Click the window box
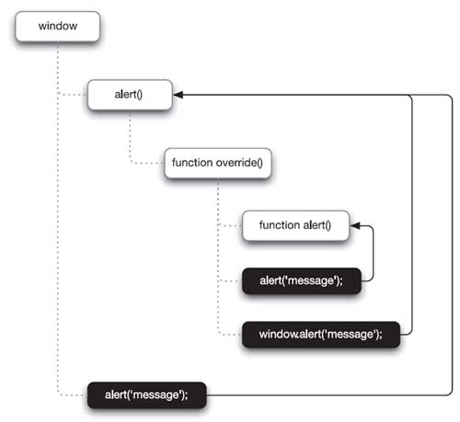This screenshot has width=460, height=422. pyautogui.click(x=58, y=27)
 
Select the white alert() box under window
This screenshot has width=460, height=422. pyautogui.click(x=130, y=95)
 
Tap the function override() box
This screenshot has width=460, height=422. pyautogui.click(x=218, y=163)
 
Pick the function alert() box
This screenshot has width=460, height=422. pyautogui.click(x=295, y=225)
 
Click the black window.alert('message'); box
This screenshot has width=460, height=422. pyautogui.click(x=321, y=335)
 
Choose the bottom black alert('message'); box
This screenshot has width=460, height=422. pyautogui.click(x=147, y=395)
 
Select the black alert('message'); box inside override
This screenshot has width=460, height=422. pyautogui.click(x=302, y=280)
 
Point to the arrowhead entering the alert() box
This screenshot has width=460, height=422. pyautogui.click(x=178, y=95)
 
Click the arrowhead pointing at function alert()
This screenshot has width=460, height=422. pyautogui.click(x=355, y=226)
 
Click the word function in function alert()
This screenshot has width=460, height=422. pyautogui.click(x=280, y=225)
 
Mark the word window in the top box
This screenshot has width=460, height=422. pyautogui.click(x=58, y=26)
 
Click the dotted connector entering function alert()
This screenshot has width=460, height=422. pyautogui.click(x=230, y=226)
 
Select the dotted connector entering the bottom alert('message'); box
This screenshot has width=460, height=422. pyautogui.click(x=71, y=395)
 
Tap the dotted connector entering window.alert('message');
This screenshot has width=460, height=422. pyautogui.click(x=230, y=335)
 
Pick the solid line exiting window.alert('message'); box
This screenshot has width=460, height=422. pyautogui.click(x=412, y=214)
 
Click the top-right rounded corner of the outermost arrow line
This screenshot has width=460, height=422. pyautogui.click(x=450, y=97)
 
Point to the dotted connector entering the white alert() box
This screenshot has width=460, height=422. pyautogui.click(x=73, y=95)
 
